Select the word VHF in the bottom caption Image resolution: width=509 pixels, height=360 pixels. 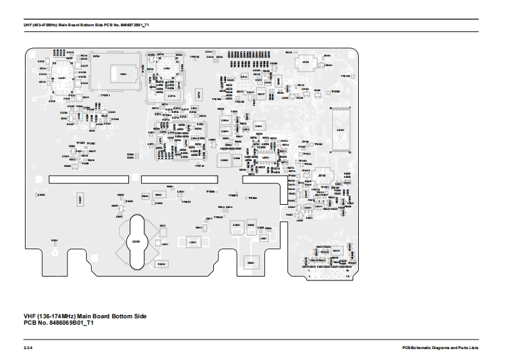pyautogui.click(x=30, y=316)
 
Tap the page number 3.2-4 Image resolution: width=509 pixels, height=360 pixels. pyautogui.click(x=28, y=347)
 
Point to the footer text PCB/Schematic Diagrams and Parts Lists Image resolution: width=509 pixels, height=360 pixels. pyautogui.click(x=436, y=347)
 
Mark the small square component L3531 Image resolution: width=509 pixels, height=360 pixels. pyautogui.click(x=165, y=244)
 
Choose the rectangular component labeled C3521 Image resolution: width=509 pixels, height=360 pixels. pyautogui.click(x=191, y=242)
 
